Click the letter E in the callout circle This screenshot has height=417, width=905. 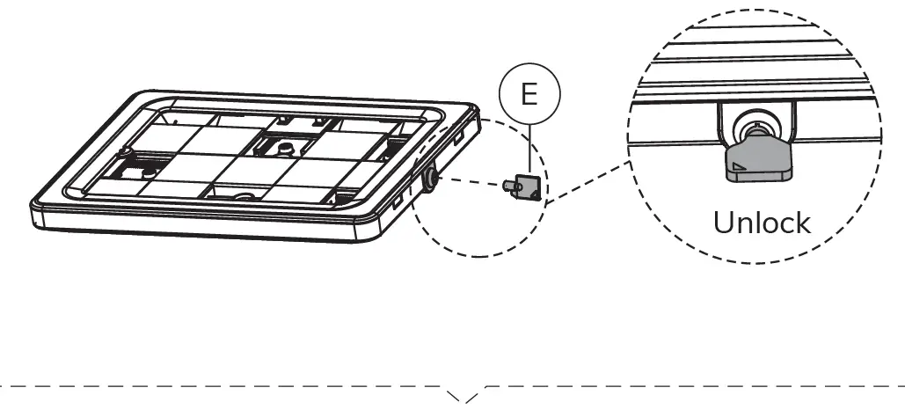coord(529,95)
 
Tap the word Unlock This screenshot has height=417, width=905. coord(762,222)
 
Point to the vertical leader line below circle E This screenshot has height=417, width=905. coord(529,145)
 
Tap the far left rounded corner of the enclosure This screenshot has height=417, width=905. coord(132,95)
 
